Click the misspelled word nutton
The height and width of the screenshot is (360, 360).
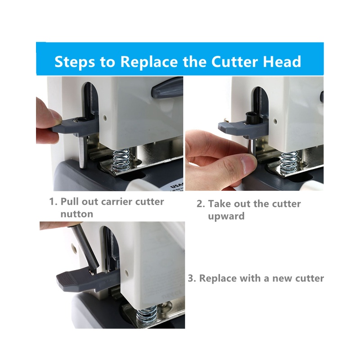click(76, 214)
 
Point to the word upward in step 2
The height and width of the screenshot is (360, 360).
click(226, 216)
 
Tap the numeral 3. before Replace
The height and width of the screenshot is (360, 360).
click(192, 278)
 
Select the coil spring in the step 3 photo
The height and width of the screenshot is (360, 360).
click(147, 316)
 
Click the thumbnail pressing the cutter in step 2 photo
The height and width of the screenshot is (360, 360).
click(249, 164)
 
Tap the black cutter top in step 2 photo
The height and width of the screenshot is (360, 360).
click(251, 118)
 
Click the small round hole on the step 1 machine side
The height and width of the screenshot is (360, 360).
click(105, 118)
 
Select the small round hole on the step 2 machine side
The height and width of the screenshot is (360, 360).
click(275, 121)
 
